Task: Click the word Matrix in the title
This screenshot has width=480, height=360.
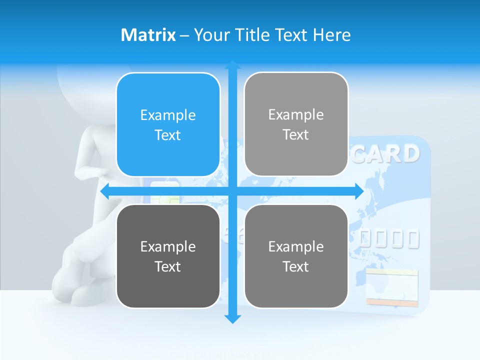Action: [148, 35]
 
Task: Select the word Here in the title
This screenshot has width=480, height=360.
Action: [331, 35]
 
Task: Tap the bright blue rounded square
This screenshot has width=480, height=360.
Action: [168, 125]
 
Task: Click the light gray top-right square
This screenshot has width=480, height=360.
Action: [296, 124]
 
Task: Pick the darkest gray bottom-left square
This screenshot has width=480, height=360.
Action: [168, 256]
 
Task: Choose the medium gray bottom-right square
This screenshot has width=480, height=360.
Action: [296, 256]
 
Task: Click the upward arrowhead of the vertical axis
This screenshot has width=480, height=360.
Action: [232, 65]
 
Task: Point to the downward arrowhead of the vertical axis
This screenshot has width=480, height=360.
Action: [232, 318]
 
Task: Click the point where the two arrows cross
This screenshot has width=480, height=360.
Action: [232, 191]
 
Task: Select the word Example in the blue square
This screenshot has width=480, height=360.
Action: [168, 115]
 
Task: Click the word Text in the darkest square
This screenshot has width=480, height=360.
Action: [168, 266]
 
